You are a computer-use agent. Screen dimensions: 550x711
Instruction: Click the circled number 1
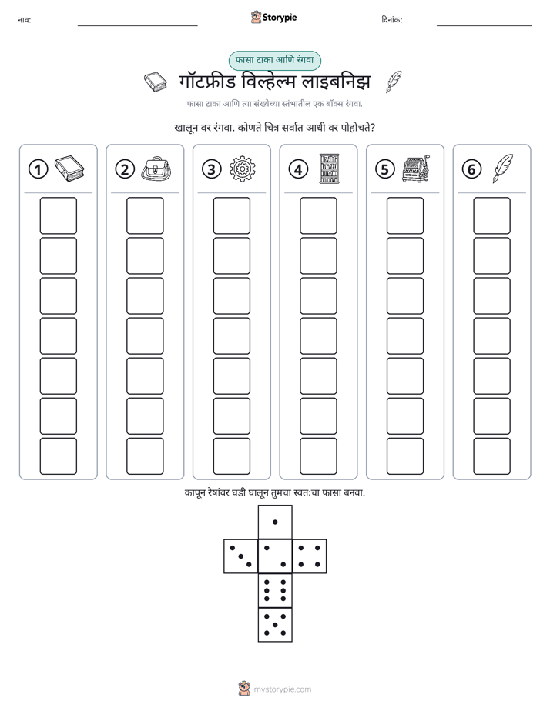coord(38,169)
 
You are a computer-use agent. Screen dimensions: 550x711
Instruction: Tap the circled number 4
coord(298,169)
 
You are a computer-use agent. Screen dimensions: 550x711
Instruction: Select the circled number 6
coord(471,169)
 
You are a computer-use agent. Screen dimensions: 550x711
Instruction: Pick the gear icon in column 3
coord(243,169)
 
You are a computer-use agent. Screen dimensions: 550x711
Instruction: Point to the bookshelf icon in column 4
coord(329,169)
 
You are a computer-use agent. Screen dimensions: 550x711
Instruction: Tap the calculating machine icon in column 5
coord(416,169)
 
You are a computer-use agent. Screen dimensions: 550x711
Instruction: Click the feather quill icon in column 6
coord(503,169)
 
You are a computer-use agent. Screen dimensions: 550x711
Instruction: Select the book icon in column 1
coord(69,169)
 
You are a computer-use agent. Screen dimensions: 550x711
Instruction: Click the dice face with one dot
coord(275,522)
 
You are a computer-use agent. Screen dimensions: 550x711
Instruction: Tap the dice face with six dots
coord(275,590)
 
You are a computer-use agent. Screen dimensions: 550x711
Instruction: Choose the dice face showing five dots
coord(275,624)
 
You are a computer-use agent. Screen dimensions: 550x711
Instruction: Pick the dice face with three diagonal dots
coord(241,556)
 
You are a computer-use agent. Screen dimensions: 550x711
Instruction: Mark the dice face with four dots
coord(310,556)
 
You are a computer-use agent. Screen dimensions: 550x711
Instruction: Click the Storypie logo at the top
coord(273,18)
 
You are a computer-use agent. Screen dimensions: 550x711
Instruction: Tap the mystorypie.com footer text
coord(282,689)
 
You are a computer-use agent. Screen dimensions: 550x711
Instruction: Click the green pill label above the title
coord(274,60)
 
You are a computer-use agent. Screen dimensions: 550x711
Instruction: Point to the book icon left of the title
coord(155,82)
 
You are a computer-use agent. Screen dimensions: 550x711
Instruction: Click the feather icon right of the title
coord(394,82)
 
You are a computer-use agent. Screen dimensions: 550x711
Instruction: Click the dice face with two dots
coord(275,556)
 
